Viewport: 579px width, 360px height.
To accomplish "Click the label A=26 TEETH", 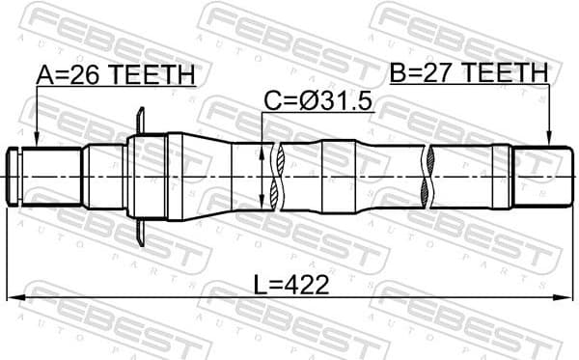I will [116, 74].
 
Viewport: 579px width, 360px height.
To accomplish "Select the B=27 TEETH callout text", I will [469, 72].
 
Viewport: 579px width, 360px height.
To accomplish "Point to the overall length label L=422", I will [289, 284].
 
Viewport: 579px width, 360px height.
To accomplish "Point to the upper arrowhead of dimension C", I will [263, 147].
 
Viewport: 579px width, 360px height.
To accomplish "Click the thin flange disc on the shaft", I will [142, 176].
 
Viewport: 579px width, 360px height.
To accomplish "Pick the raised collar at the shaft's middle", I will [338, 176].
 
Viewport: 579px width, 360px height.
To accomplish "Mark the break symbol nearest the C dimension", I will [276, 176].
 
